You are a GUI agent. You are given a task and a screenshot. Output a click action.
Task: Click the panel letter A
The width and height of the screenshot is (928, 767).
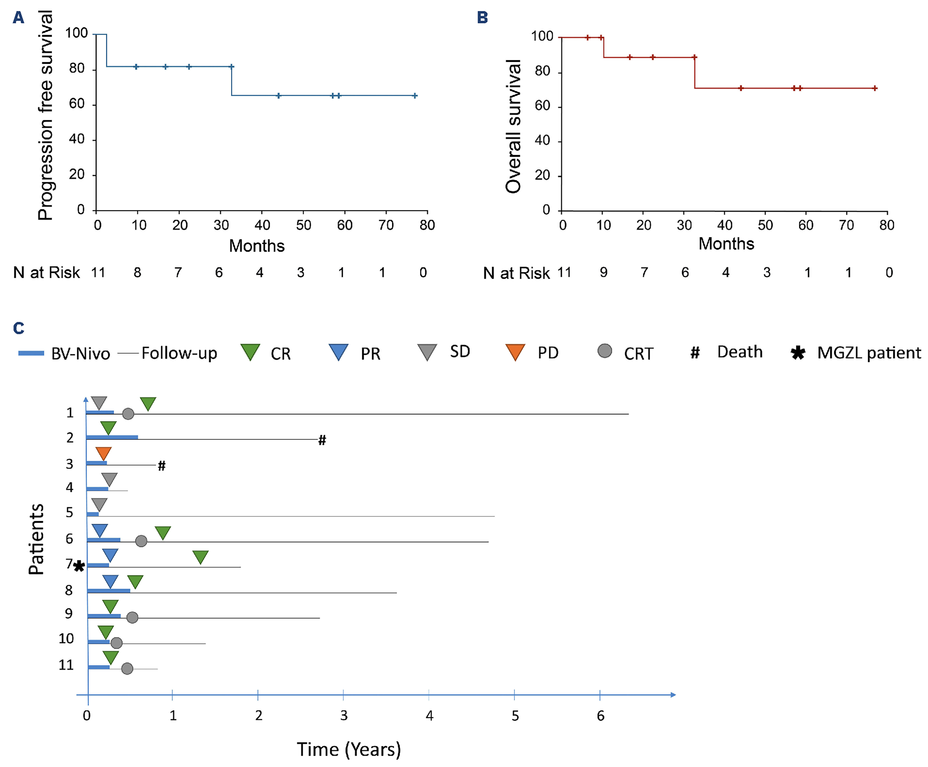pyautogui.click(x=18, y=18)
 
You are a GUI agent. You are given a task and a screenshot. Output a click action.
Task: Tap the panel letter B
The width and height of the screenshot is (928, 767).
pyautogui.click(x=482, y=18)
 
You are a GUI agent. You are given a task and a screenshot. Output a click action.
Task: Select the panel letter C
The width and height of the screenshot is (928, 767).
pyautogui.click(x=19, y=328)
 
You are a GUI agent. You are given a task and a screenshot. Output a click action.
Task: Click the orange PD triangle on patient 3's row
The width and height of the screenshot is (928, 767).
pyautogui.click(x=103, y=453)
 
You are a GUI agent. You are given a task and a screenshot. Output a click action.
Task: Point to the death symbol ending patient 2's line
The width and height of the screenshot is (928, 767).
pyautogui.click(x=322, y=440)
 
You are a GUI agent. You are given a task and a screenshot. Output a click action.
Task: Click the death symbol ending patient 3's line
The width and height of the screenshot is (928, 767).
pyautogui.click(x=162, y=466)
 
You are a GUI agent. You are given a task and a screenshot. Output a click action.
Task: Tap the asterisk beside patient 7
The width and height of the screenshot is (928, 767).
pyautogui.click(x=79, y=566)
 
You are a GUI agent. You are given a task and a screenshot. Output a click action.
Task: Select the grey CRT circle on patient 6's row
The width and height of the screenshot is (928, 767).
pyautogui.click(x=141, y=541)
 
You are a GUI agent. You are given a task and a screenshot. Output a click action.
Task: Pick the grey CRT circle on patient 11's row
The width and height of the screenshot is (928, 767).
pyautogui.click(x=127, y=668)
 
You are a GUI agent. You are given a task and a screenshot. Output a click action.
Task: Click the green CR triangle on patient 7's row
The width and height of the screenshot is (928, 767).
pyautogui.click(x=201, y=557)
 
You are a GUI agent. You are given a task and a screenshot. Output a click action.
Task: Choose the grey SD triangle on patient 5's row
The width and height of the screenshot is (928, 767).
pyautogui.click(x=99, y=504)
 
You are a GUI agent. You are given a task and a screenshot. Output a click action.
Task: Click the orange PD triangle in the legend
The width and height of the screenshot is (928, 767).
pyautogui.click(x=515, y=352)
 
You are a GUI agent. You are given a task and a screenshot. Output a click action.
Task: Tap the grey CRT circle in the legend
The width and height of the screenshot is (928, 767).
pyautogui.click(x=604, y=351)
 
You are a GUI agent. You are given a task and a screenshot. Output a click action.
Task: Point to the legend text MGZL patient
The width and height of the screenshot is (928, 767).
pyautogui.click(x=869, y=353)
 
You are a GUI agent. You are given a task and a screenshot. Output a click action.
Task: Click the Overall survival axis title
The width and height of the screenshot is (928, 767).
pyautogui.click(x=513, y=126)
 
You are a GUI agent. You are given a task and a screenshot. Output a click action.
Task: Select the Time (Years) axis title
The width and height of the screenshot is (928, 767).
pyautogui.click(x=349, y=749)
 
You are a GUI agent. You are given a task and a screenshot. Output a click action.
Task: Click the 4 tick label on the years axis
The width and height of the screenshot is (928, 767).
pyautogui.click(x=429, y=716)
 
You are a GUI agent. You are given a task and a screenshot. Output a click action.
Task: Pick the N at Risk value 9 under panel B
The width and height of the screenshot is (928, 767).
pyautogui.click(x=604, y=272)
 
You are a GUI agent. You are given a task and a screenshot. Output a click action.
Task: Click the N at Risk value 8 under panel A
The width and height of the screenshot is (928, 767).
pyautogui.click(x=138, y=272)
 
